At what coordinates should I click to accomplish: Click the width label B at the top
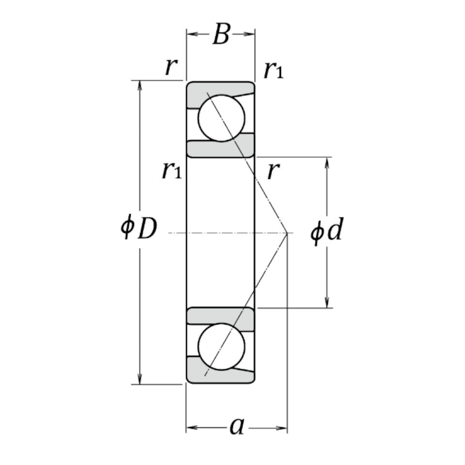click(221, 35)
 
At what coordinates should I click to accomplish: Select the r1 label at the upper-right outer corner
click(273, 70)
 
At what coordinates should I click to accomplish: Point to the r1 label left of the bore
click(171, 170)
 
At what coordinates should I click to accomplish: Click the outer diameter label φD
click(139, 229)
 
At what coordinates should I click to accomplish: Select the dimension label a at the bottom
click(236, 426)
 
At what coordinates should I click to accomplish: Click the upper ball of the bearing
click(221, 118)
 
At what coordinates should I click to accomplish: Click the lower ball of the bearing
click(221, 347)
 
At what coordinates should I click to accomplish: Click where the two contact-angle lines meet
click(287, 233)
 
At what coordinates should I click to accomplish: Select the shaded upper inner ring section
click(221, 149)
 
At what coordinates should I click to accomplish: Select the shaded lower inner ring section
click(221, 315)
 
